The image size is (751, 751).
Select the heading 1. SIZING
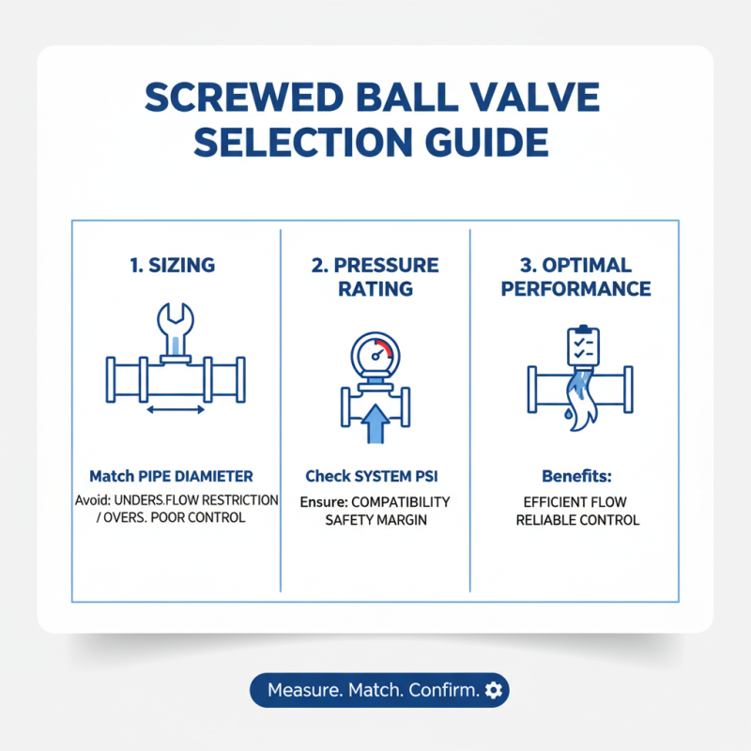tap(172, 266)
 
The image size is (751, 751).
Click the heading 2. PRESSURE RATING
tap(375, 276)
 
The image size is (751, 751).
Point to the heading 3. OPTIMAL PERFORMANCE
tap(575, 276)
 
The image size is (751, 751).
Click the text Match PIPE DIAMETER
tap(171, 476)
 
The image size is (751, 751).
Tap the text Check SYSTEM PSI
tap(372, 476)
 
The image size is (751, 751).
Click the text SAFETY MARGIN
tap(375, 519)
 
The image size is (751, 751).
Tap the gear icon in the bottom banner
tap(495, 690)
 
